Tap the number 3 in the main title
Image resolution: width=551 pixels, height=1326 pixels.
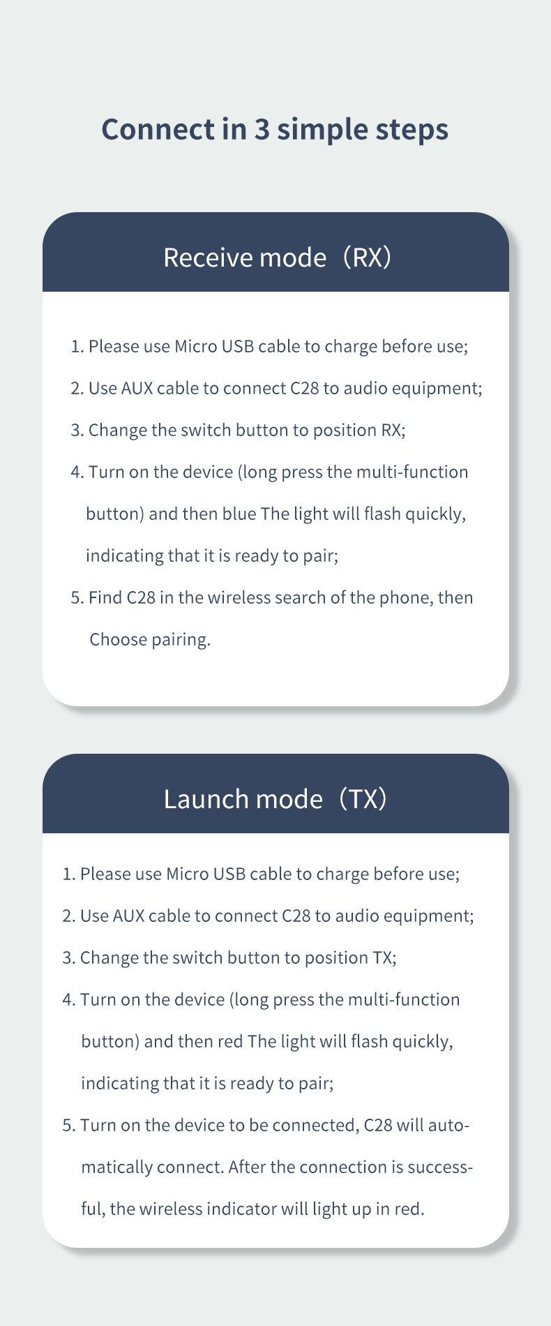click(261, 129)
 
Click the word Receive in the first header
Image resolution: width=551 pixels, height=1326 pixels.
click(208, 257)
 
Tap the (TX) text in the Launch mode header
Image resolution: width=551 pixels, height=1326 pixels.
click(362, 798)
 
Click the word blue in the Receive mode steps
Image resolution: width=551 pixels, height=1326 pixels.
click(239, 514)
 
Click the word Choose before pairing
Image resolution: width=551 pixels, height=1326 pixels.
click(117, 639)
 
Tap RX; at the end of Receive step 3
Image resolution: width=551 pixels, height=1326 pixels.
click(393, 430)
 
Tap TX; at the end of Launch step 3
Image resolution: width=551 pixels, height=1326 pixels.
click(384, 958)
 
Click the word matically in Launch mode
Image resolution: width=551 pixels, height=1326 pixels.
click(116, 1167)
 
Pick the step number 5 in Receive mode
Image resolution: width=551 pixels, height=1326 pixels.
click(75, 597)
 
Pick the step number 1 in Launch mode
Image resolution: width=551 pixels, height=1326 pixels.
click(67, 874)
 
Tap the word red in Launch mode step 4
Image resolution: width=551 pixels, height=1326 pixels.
click(230, 1041)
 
